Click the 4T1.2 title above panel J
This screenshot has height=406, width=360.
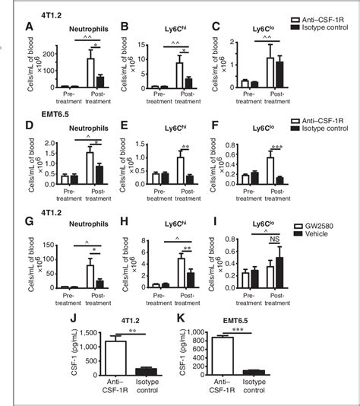94,321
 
